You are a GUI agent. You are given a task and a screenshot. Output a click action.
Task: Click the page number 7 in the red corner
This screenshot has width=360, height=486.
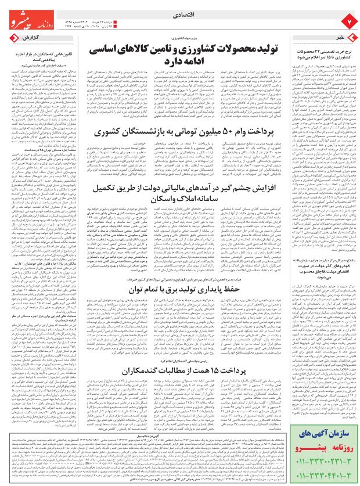pyautogui.click(x=348, y=23)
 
